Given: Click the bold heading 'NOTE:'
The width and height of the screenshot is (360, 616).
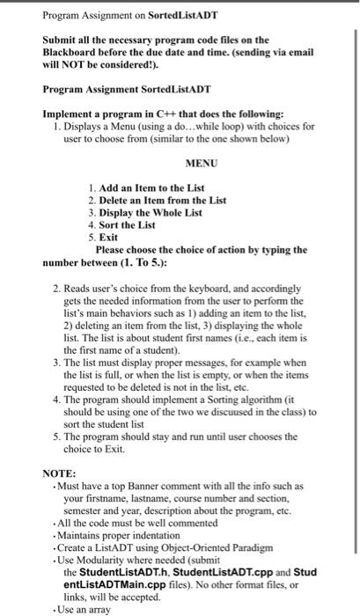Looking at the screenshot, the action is coord(60,473).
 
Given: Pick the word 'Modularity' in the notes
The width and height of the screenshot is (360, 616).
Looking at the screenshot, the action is coord(103,559).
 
